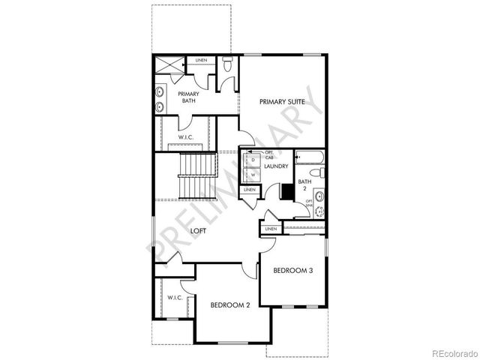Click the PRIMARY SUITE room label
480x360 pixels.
(x=281, y=101)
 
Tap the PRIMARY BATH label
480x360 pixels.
(x=188, y=97)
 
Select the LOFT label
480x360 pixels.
(x=198, y=231)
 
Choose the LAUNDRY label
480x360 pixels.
(x=276, y=166)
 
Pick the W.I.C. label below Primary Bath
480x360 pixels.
(x=187, y=136)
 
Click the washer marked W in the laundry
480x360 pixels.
(x=253, y=175)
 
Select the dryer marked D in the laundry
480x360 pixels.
(x=253, y=160)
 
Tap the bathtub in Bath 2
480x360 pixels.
(x=308, y=158)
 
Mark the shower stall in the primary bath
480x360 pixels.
(x=169, y=66)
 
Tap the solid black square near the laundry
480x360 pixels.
(x=285, y=190)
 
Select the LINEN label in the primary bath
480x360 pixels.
(x=201, y=60)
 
